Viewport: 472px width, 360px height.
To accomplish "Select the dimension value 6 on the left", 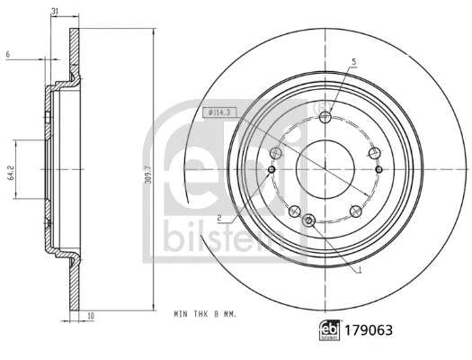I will (7, 56).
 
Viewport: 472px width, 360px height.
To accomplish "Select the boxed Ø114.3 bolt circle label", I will (218, 112).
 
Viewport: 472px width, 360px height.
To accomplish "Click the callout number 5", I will (354, 61).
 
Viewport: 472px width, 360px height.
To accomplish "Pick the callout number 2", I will (218, 218).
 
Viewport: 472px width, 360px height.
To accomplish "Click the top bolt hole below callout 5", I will (325, 116).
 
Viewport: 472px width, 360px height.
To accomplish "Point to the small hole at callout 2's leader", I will (272, 168).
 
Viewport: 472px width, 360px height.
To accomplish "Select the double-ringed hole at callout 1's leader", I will (309, 220).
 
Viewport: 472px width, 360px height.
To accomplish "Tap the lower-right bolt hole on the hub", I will (356, 211).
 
